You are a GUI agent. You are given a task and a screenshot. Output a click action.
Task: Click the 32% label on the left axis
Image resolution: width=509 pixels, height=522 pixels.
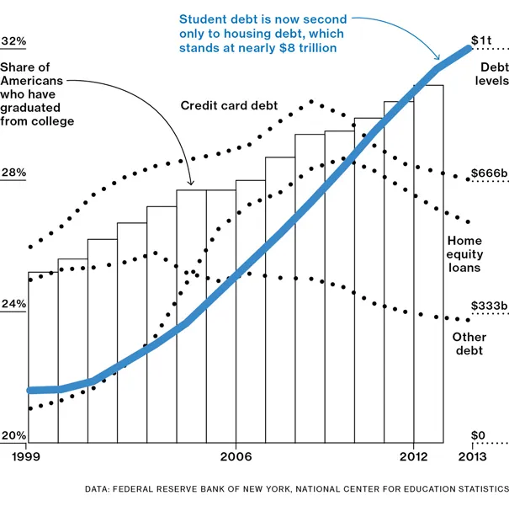[14, 41]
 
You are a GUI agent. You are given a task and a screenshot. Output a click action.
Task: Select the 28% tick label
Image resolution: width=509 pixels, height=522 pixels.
[14, 173]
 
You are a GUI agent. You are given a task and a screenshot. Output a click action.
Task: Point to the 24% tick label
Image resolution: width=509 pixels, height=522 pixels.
[14, 304]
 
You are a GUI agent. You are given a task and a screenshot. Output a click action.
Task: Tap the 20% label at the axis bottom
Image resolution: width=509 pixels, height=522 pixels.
[14, 435]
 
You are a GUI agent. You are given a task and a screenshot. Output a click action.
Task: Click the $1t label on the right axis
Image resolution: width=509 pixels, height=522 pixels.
[481, 40]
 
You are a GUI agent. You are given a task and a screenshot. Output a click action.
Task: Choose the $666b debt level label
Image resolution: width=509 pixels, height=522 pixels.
[488, 173]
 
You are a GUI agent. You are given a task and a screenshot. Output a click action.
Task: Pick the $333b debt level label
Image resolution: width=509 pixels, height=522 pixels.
[488, 305]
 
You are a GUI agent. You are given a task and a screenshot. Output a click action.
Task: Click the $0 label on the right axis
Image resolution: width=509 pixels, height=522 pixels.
[478, 435]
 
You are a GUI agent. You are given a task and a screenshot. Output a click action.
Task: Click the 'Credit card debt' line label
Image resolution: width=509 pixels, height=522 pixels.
[229, 106]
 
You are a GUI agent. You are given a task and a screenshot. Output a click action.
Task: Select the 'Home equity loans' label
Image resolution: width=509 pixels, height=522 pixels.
[464, 254]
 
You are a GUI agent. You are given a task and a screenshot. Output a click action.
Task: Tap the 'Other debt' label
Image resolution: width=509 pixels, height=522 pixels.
[469, 344]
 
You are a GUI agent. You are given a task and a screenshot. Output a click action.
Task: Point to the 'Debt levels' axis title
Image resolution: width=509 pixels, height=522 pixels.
[493, 74]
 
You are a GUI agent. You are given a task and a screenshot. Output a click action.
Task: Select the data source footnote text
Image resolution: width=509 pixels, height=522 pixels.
[296, 488]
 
